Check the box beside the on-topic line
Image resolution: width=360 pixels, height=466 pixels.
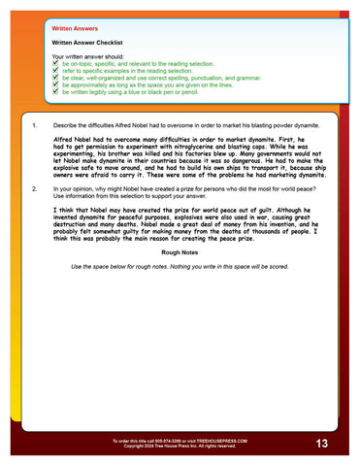tap(55, 63)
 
